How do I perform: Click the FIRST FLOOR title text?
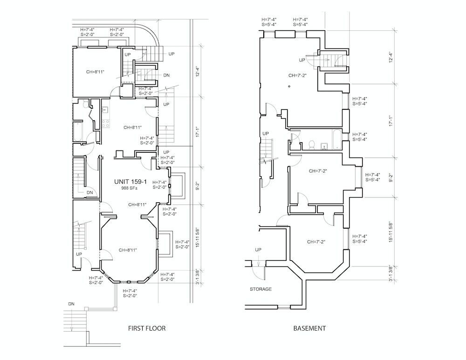146,328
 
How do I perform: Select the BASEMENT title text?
309,328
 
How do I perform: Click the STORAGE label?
260,289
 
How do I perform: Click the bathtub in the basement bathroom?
337,139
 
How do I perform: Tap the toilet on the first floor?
85,104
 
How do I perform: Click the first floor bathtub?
78,132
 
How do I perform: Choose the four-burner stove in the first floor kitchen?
105,123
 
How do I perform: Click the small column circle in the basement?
289,87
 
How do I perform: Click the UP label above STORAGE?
258,250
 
